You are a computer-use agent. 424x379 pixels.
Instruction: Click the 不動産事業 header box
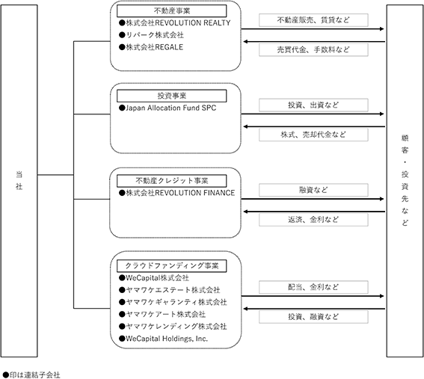tap(172, 11)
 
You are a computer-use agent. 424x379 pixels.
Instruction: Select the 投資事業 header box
tap(172, 96)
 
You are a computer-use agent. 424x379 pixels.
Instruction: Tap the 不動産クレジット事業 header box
tap(172, 181)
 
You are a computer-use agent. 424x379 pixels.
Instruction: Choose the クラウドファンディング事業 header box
tap(172, 266)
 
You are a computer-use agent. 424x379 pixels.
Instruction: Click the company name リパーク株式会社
tap(155, 35)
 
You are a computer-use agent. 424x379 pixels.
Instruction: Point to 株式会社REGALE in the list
tap(154, 47)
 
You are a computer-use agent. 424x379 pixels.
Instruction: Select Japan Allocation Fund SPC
tap(171, 108)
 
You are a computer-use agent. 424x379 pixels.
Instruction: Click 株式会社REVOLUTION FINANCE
tap(180, 193)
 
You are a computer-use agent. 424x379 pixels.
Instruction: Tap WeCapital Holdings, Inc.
tap(167, 339)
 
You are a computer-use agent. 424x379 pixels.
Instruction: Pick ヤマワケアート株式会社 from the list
tap(166, 314)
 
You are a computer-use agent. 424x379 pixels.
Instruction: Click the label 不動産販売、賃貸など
tap(313, 20)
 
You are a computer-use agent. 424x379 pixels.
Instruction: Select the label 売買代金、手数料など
tap(313, 50)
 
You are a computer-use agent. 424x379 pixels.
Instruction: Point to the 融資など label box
tap(313, 190)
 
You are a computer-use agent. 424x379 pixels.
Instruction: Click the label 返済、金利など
tap(313, 220)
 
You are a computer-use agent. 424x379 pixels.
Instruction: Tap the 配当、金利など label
tap(313, 287)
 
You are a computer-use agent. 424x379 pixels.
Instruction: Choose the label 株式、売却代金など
tap(313, 135)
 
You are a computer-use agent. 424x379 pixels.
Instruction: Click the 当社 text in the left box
tap(19, 180)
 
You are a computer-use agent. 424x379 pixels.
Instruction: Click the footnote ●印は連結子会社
tap(31, 375)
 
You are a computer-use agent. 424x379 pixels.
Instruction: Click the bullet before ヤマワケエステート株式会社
tap(122, 290)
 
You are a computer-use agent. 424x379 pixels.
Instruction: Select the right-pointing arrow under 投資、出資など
tap(313, 114)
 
